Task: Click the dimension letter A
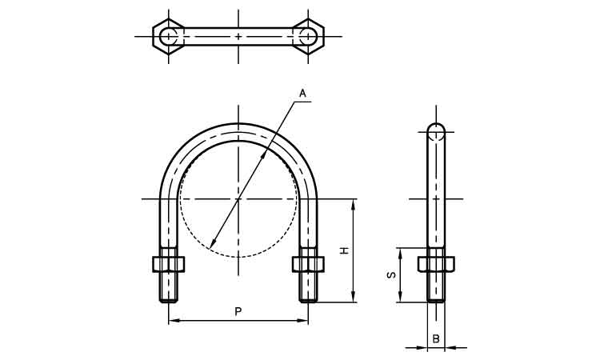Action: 302,94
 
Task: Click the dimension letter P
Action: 238,312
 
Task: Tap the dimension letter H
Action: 345,250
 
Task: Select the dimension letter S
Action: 391,274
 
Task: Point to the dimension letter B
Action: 436,338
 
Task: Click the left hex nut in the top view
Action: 168,36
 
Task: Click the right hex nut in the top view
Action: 308,36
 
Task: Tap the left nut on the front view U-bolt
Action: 168,264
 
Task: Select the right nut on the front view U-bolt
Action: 308,264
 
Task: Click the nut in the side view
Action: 436,264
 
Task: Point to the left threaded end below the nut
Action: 168,287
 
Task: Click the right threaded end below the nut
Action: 308,287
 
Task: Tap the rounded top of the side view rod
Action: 436,127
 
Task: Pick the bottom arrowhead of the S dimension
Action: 400,298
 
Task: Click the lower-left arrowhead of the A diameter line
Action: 212,243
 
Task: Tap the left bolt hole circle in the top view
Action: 168,36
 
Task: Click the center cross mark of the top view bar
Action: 238,36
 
